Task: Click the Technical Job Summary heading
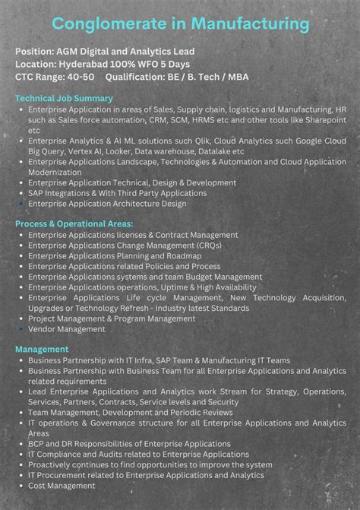(x=64, y=99)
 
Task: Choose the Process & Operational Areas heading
(x=74, y=224)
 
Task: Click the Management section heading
(x=42, y=349)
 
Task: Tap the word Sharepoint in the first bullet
(x=321, y=120)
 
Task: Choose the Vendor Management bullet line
(x=67, y=329)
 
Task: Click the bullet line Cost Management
(x=62, y=485)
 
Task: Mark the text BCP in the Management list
(x=37, y=443)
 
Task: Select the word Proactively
(x=55, y=464)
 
